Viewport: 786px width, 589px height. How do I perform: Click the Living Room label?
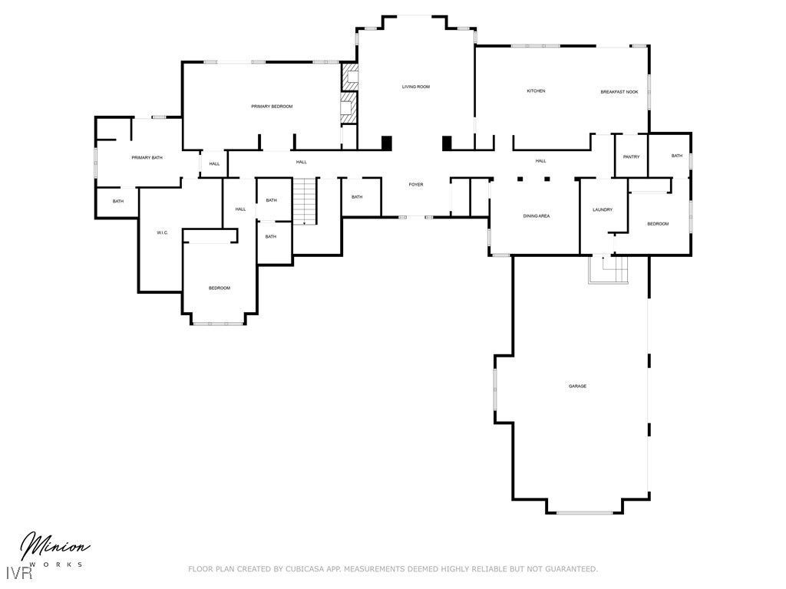click(x=415, y=87)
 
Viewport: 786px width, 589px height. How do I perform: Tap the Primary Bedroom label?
click(x=272, y=106)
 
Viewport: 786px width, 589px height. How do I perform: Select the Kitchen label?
click(x=536, y=90)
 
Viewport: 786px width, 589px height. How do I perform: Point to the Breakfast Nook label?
click(x=619, y=92)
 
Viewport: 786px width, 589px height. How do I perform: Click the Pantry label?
click(x=631, y=156)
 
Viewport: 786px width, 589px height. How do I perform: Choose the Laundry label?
click(x=603, y=209)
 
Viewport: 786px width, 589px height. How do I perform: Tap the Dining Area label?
click(x=537, y=216)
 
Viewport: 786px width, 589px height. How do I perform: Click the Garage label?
click(x=577, y=387)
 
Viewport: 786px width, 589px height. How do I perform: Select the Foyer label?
click(x=415, y=184)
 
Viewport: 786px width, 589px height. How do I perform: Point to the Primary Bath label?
click(x=147, y=158)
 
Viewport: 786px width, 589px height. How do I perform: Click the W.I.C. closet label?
click(x=162, y=232)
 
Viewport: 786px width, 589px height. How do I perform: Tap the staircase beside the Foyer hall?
click(x=305, y=202)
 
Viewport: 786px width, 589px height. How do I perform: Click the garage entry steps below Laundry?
click(x=608, y=269)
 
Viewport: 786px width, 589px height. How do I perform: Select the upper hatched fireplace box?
click(x=349, y=77)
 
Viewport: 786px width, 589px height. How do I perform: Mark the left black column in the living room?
click(x=387, y=143)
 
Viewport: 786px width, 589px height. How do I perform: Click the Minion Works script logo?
click(x=54, y=548)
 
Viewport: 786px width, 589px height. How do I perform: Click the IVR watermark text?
click(x=19, y=572)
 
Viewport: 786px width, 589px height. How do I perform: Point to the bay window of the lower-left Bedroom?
click(x=218, y=324)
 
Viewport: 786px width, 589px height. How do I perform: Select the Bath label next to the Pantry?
click(x=677, y=156)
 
